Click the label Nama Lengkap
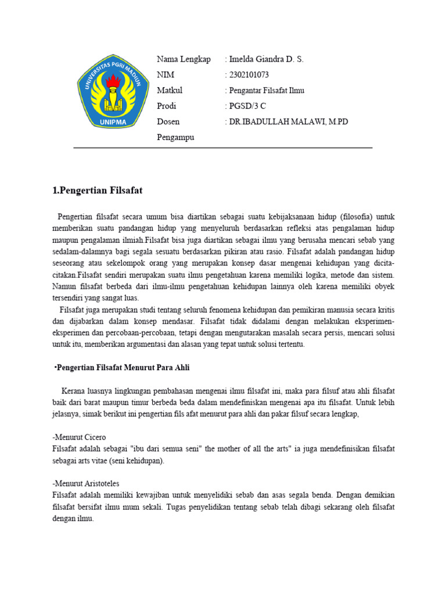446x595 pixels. pyautogui.click(x=184, y=59)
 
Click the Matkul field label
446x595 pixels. pyautogui.click(x=170, y=91)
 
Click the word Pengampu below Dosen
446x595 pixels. pyautogui.click(x=175, y=138)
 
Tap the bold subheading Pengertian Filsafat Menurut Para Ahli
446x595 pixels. pyautogui.click(x=123, y=368)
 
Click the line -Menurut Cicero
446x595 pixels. pyautogui.click(x=79, y=437)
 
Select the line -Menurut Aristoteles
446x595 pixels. pyautogui.click(x=86, y=483)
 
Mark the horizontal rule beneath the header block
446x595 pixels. pyautogui.click(x=222, y=148)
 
